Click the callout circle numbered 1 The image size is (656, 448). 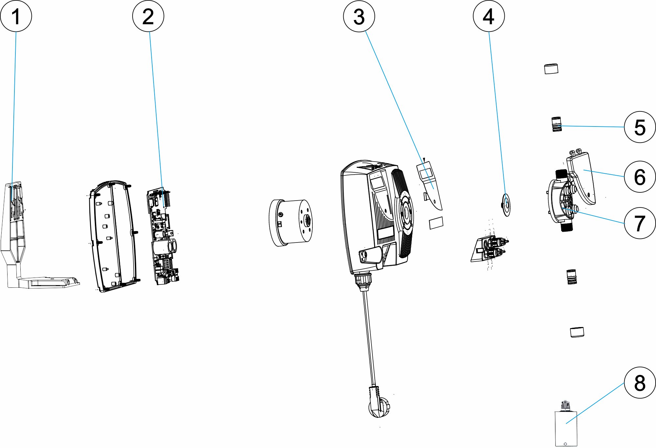tap(16, 16)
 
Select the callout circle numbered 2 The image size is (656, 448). tap(148, 16)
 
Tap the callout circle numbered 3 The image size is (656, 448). tap(359, 16)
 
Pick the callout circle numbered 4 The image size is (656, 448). tap(489, 16)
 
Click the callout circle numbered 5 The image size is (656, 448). tap(640, 127)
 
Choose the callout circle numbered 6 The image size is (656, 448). tap(640, 177)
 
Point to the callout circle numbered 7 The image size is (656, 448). tap(640, 223)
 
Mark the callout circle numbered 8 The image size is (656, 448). tap(640, 382)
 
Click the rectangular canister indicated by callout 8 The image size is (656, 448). tap(565, 428)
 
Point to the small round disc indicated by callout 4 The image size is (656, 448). tap(507, 205)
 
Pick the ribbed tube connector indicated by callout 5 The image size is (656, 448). tap(556, 124)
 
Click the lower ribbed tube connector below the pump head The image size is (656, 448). tap(571, 277)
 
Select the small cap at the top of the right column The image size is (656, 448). tap(551, 69)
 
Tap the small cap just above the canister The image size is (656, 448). tap(577, 332)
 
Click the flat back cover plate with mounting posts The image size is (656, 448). tap(113, 236)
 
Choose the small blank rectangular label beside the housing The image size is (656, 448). tap(436, 223)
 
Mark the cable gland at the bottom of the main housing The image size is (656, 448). tap(364, 281)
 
